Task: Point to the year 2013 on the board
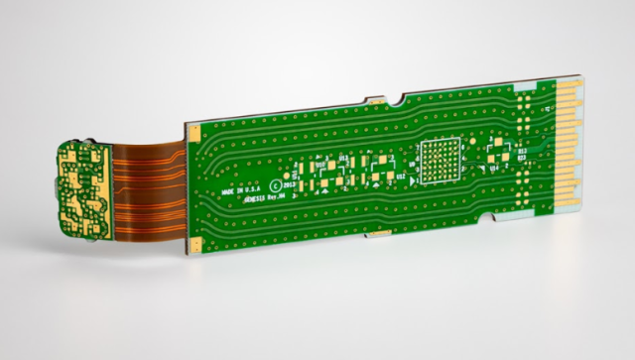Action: tap(291, 184)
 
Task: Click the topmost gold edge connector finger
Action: tap(570, 88)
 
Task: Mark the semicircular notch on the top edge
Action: tap(396, 101)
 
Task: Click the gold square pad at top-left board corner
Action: tap(196, 131)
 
